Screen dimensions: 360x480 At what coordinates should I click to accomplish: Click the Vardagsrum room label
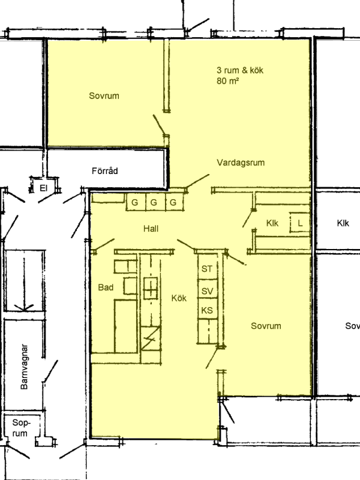(x=241, y=163)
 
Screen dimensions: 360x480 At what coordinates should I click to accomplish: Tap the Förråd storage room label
(x=104, y=170)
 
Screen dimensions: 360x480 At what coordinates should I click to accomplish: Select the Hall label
(x=151, y=229)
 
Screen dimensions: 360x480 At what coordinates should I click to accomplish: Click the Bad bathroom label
(x=106, y=287)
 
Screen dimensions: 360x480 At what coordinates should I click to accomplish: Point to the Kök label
(x=179, y=298)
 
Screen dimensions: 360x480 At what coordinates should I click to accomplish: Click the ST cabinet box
(x=208, y=268)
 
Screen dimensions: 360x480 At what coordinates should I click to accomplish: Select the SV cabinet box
(x=208, y=290)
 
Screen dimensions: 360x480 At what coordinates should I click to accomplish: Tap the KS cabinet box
(x=208, y=310)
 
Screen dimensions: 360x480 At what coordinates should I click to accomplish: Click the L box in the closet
(x=299, y=223)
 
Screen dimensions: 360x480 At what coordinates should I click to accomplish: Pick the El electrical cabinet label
(x=43, y=188)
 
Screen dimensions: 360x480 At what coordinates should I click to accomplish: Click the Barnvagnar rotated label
(x=24, y=367)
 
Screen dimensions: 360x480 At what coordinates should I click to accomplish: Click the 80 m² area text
(x=228, y=81)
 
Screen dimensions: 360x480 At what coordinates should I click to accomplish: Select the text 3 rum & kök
(x=240, y=70)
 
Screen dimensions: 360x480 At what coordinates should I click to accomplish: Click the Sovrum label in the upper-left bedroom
(x=104, y=96)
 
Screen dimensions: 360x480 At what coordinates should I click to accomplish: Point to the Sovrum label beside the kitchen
(x=266, y=326)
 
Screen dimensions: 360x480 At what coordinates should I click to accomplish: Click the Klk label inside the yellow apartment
(x=272, y=223)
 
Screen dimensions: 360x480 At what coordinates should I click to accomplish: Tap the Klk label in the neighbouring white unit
(x=343, y=223)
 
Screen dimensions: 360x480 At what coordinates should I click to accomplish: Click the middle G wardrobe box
(x=154, y=202)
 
